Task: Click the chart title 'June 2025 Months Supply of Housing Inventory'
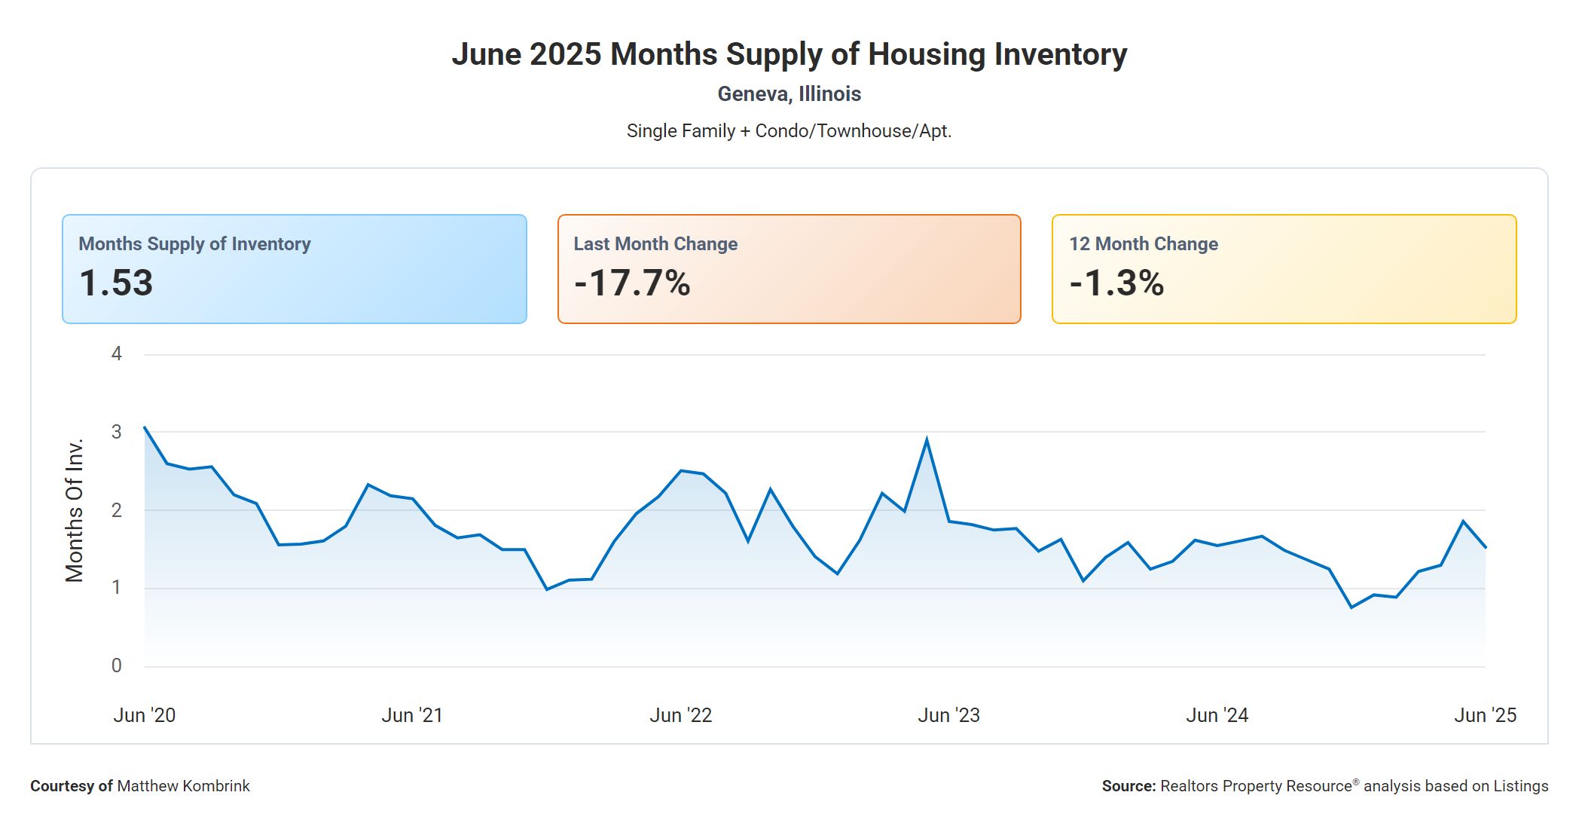[x=789, y=54]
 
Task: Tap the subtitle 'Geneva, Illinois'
[x=789, y=94]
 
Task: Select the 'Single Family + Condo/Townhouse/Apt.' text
[x=789, y=131]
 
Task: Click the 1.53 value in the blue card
[x=116, y=283]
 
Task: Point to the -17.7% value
[x=632, y=283]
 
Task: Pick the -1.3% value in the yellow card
[x=1116, y=283]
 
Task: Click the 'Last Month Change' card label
[x=655, y=244]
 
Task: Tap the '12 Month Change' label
[x=1143, y=244]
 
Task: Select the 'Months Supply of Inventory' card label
[x=194, y=244]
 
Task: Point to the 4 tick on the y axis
[x=117, y=353]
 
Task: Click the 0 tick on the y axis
[x=117, y=665]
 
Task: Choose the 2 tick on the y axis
[x=117, y=510]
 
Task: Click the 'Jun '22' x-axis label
[x=680, y=715]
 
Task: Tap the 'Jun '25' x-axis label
[x=1484, y=715]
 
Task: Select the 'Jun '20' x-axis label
[x=145, y=715]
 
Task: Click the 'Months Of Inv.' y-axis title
[x=75, y=510]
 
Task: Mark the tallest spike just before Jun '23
[x=926, y=439]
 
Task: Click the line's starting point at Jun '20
[x=145, y=427]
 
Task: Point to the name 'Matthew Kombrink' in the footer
[x=183, y=786]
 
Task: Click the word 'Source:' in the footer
[x=1129, y=786]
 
